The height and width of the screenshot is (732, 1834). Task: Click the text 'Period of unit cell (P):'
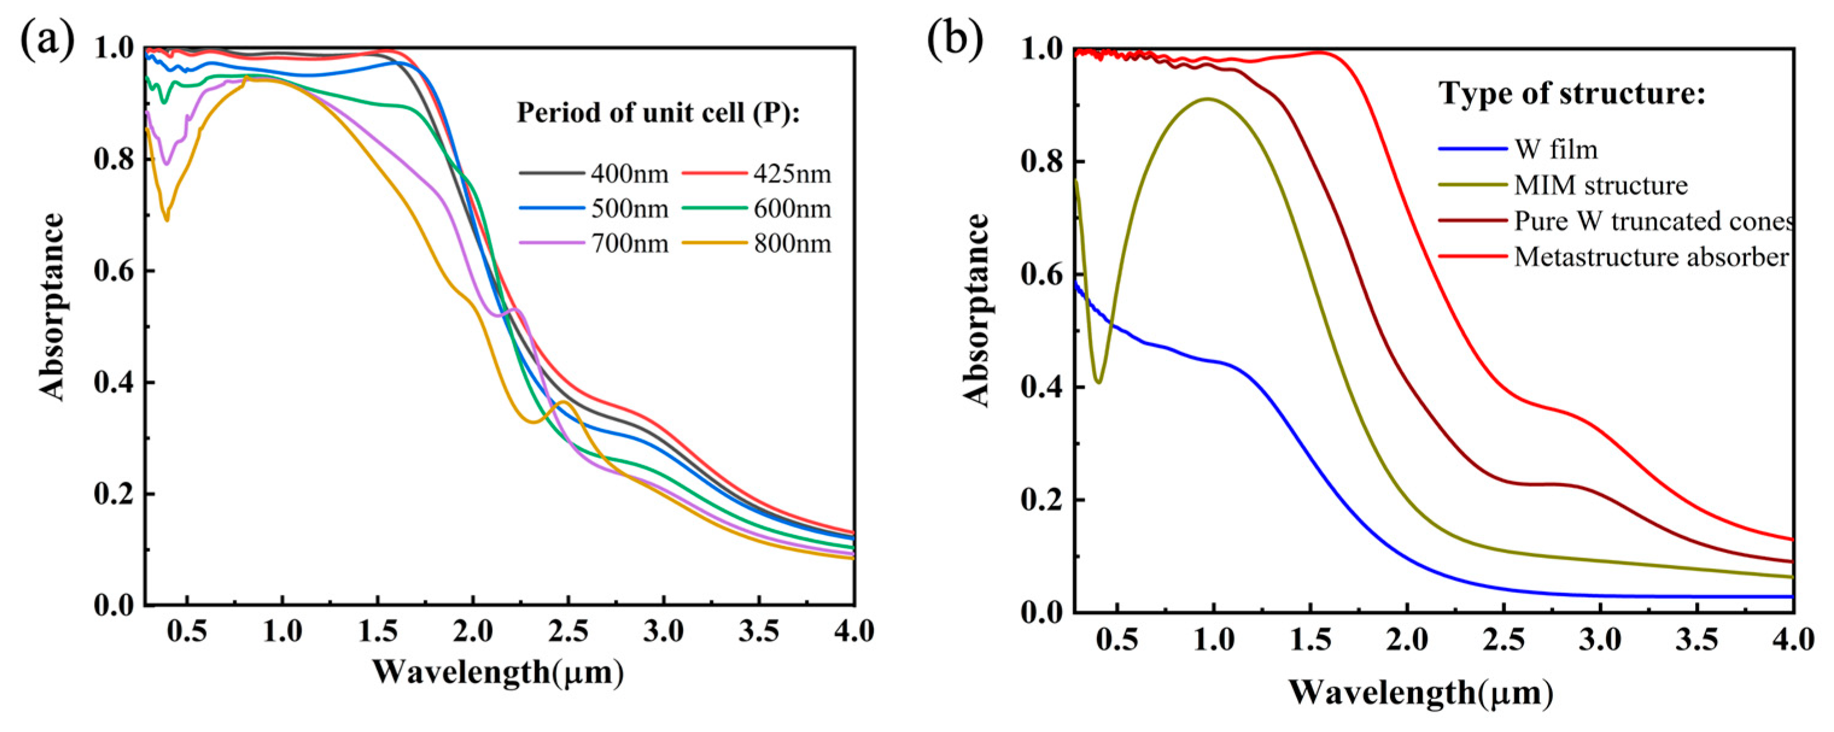click(659, 113)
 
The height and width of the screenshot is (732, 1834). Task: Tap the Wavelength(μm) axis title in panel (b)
click(1420, 692)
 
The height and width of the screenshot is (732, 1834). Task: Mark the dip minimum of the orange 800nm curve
click(167, 220)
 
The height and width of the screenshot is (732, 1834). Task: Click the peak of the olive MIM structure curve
click(1207, 99)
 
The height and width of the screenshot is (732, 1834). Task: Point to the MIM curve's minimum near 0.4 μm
click(1099, 382)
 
